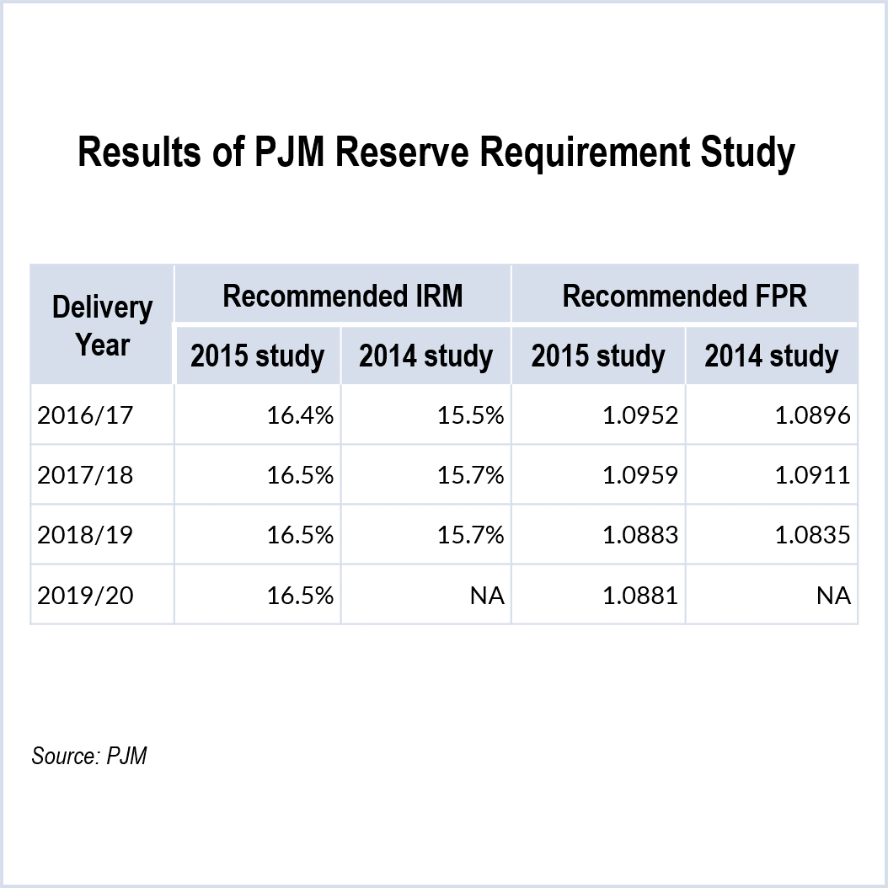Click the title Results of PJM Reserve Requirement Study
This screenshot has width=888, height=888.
[x=436, y=154]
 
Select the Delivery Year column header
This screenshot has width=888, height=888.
[x=103, y=326]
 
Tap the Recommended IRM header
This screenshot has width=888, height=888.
[x=342, y=297]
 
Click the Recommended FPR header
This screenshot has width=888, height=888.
[x=684, y=297]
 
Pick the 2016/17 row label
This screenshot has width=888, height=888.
[x=85, y=415]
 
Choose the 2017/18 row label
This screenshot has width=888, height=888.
[x=85, y=475]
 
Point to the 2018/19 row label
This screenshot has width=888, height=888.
[x=85, y=535]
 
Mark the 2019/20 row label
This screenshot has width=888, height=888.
[x=85, y=596]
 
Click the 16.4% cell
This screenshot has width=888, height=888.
[x=301, y=415]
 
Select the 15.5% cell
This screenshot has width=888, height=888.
[x=471, y=415]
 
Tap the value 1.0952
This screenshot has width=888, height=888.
[x=640, y=415]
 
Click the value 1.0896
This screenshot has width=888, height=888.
[x=813, y=415]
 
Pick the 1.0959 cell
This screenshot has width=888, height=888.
[x=640, y=475]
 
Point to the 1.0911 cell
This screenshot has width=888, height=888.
[x=813, y=475]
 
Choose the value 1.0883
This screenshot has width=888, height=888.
[x=640, y=535]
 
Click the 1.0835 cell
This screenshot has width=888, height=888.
[x=813, y=535]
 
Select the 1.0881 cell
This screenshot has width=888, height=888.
[x=640, y=596]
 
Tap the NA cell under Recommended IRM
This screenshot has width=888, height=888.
[x=487, y=596]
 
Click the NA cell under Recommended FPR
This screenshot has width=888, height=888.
[x=833, y=596]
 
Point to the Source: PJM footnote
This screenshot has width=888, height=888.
[x=89, y=756]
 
